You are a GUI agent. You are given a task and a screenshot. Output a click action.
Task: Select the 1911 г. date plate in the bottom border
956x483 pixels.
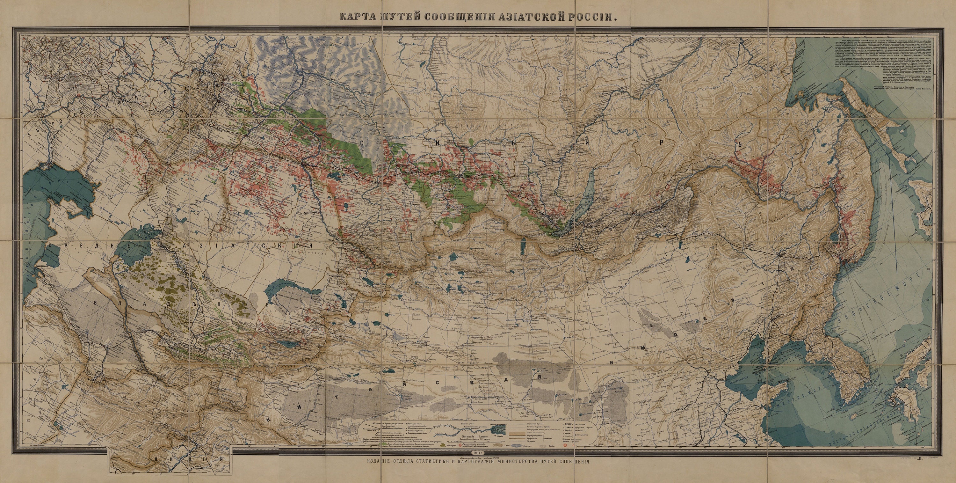pyautogui.click(x=478, y=453)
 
